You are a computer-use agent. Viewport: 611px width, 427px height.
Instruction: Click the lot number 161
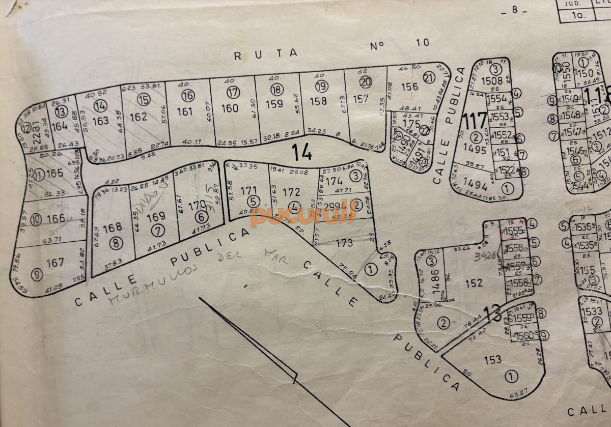[188, 111]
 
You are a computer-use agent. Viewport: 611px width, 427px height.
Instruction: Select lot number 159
[274, 104]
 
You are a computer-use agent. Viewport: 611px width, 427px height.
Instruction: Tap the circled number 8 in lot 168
[117, 243]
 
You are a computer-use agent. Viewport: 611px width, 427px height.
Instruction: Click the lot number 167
[55, 263]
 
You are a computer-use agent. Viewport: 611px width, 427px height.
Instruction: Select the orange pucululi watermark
[302, 217]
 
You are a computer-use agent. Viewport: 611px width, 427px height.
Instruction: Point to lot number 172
[291, 192]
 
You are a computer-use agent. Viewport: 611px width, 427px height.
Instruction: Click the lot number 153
[492, 359]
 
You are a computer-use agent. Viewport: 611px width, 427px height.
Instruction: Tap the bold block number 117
[475, 122]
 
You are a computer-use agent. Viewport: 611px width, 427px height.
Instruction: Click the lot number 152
[474, 283]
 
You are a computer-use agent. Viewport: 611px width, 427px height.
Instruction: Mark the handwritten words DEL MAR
[252, 256]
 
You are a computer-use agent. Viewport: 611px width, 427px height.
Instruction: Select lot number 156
[409, 87]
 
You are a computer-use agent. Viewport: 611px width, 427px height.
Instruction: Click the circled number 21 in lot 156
[429, 78]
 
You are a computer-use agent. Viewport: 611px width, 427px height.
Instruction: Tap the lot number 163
[101, 121]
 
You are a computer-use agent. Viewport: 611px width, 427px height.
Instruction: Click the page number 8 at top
[514, 12]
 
